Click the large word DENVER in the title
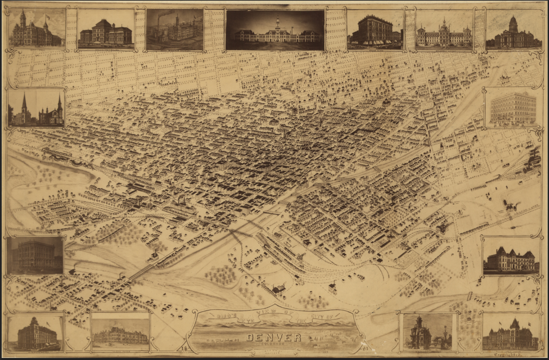tap(273, 337)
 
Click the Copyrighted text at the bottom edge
tap(508, 354)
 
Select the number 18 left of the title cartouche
tap(184, 348)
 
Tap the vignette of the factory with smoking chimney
tap(175, 30)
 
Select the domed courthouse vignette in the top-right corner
tap(513, 30)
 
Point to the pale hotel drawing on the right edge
tap(513, 109)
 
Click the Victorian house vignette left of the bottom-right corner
tap(427, 332)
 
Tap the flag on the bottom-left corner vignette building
tap(48, 324)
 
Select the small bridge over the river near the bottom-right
tap(469, 296)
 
